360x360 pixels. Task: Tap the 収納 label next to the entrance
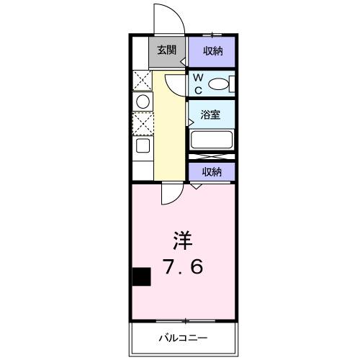pyautogui.click(x=211, y=51)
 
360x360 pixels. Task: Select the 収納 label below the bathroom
pyautogui.click(x=211, y=171)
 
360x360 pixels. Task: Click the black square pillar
pyautogui.click(x=141, y=276)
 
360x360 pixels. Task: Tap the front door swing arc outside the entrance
pyautogui.click(x=165, y=16)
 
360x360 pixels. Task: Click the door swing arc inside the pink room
pyautogui.click(x=171, y=193)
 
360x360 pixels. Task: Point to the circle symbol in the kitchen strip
pyautogui.click(x=142, y=100)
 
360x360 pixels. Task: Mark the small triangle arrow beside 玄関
pyautogui.click(x=183, y=62)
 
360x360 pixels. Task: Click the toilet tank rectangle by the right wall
pyautogui.click(x=232, y=84)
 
